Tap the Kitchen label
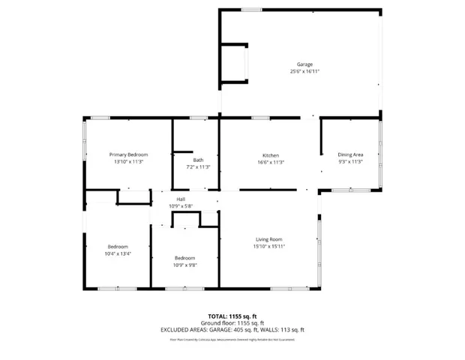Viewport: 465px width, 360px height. pos(270,155)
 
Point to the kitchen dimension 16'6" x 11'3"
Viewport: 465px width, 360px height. pos(270,162)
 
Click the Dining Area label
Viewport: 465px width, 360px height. pos(350,154)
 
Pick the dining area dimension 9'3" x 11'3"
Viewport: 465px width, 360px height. pos(350,161)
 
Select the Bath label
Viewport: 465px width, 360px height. pos(198,160)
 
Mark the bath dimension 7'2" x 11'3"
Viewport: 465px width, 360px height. pos(198,166)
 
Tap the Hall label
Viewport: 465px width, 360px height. pos(181,199)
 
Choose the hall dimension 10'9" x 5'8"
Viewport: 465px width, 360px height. pos(181,205)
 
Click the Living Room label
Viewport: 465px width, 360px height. pos(268,239)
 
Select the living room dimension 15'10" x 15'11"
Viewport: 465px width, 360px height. pos(268,246)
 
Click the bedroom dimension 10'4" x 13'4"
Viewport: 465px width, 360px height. pos(117,253)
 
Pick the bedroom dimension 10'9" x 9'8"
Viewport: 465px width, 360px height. pos(184,265)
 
